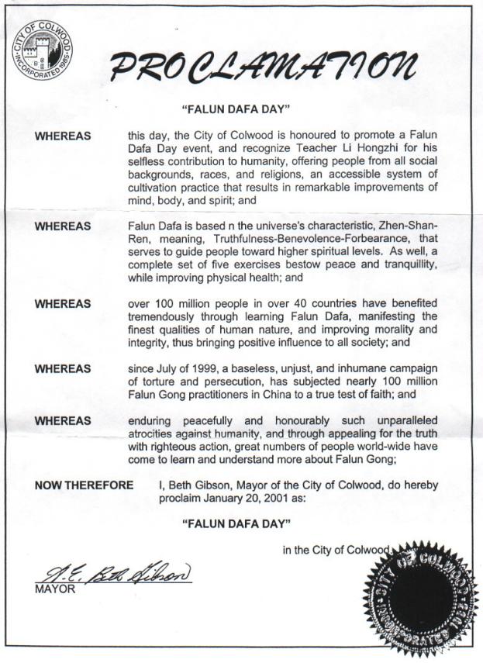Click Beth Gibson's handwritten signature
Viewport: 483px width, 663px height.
coord(112,575)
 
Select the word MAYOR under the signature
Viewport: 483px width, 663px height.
coord(53,590)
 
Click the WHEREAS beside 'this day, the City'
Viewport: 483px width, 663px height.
coord(63,136)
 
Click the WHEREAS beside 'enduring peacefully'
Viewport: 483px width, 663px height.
coord(63,420)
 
